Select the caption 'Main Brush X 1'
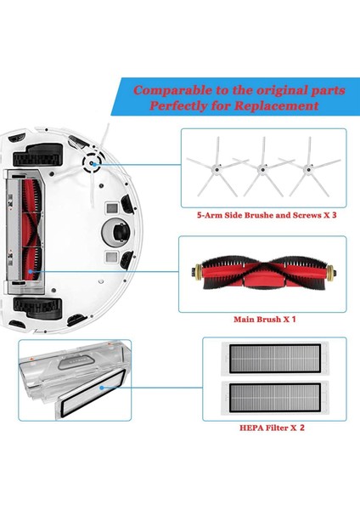point(264,321)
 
